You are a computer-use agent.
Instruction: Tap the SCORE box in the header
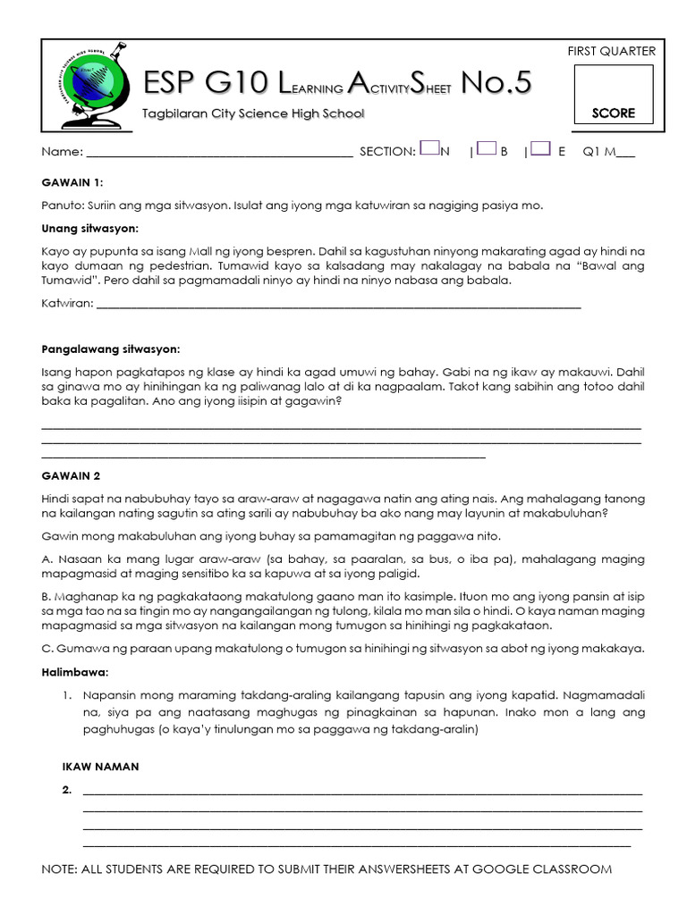pyautogui.click(x=613, y=94)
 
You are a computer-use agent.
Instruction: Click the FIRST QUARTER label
pyautogui.click(x=611, y=51)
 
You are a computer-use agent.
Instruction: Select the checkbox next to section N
pyautogui.click(x=428, y=149)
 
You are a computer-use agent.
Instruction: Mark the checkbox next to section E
pyautogui.click(x=539, y=149)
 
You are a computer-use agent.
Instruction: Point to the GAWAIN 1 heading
pyautogui.click(x=72, y=182)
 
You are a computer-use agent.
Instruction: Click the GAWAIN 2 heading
pyautogui.click(x=72, y=475)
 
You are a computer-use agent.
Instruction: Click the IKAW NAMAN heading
pyautogui.click(x=100, y=767)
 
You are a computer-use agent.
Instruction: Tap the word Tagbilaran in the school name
pyautogui.click(x=174, y=113)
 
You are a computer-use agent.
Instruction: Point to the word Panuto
pyautogui.click(x=63, y=206)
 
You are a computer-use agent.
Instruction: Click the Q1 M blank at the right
pyautogui.click(x=624, y=154)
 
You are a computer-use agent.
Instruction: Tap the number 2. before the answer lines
pyautogui.click(x=67, y=790)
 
